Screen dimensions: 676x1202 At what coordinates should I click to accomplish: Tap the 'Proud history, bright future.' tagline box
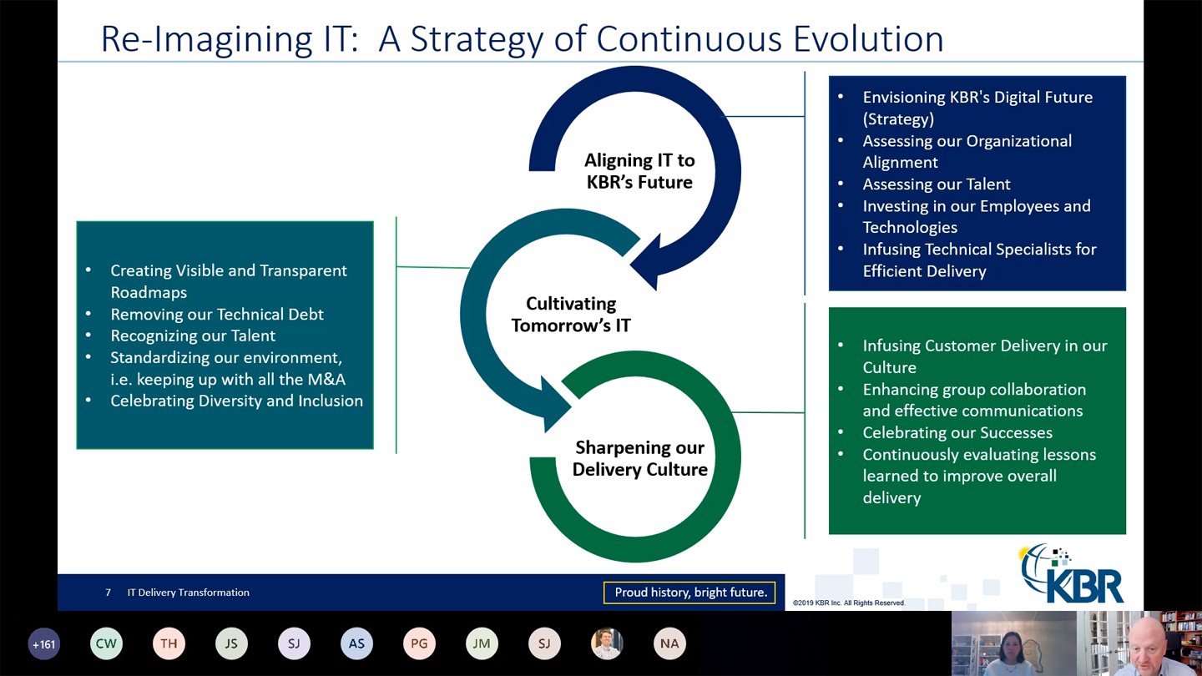click(689, 593)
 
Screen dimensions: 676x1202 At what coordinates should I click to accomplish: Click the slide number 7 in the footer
click(108, 593)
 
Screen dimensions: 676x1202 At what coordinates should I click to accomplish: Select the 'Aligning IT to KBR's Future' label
click(639, 171)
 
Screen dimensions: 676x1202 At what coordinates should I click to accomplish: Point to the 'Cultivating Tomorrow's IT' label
click(571, 315)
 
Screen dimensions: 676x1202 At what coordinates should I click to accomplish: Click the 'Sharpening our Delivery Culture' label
click(639, 458)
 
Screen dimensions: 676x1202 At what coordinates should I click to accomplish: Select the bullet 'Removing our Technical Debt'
click(216, 314)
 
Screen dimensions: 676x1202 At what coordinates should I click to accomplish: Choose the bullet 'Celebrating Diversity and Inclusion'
click(236, 401)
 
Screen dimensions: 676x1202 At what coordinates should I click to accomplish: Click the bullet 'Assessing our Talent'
click(936, 184)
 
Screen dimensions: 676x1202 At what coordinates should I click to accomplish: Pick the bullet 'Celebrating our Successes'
click(957, 432)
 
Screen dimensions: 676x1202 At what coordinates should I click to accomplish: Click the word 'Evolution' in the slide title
click(868, 39)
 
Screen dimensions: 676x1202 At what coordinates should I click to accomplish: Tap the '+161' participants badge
click(43, 643)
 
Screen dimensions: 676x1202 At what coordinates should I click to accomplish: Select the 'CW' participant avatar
click(106, 643)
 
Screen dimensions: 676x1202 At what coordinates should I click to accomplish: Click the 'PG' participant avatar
click(419, 643)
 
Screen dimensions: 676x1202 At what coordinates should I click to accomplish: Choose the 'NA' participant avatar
click(669, 643)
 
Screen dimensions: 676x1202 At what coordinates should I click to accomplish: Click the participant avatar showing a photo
click(607, 643)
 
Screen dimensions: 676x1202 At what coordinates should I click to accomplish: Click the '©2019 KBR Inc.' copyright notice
click(848, 603)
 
